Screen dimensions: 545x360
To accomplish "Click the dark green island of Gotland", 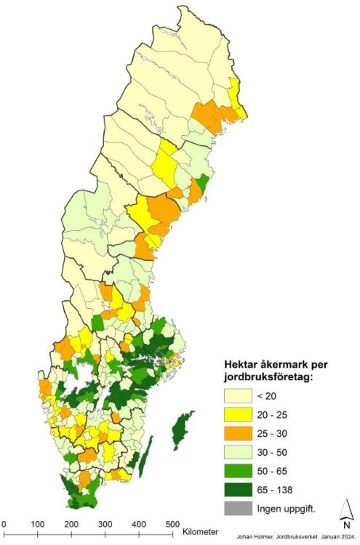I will point(179,430).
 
